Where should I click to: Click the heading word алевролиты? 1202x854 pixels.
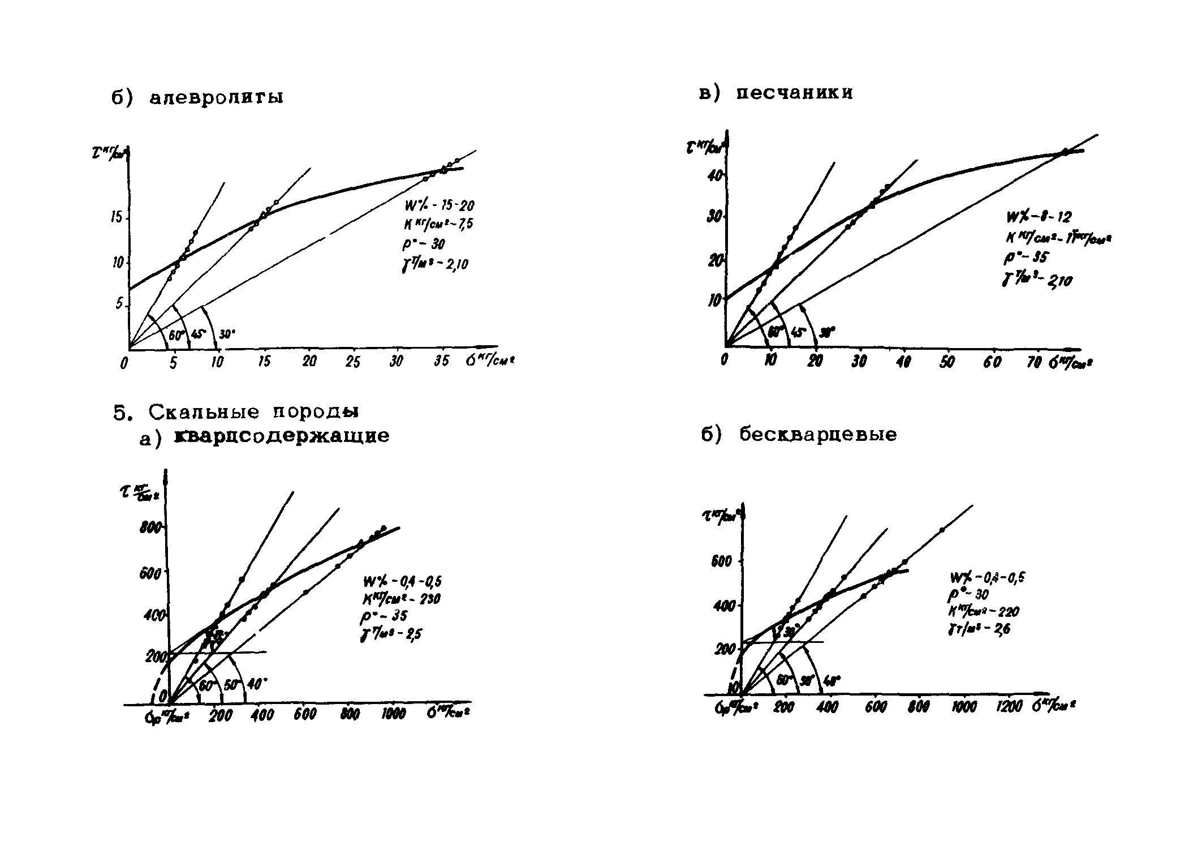216,98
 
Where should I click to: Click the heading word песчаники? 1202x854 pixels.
794,93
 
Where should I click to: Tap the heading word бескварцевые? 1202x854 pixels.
818,435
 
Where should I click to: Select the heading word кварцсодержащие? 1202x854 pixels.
282,436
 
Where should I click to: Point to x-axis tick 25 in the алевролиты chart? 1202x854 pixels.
352,361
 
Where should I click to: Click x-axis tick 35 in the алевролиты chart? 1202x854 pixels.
442,361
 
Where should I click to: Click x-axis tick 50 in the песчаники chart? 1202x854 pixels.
947,362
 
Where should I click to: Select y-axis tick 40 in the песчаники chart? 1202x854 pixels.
715,176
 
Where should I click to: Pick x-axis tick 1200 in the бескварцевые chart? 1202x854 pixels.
1009,706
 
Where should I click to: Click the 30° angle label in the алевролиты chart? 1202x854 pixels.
227,334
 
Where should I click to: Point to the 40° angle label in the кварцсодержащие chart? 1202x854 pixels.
257,684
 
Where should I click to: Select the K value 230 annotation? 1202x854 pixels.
402,599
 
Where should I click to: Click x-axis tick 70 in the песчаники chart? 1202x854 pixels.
1034,362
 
